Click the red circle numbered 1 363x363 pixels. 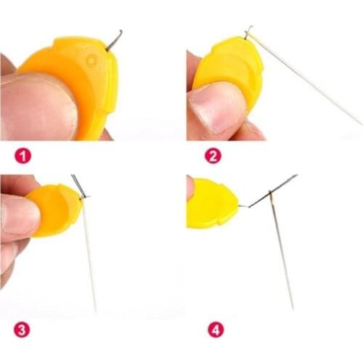click(x=23, y=154)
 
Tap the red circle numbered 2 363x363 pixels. click(x=213, y=154)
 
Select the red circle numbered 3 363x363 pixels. click(x=23, y=330)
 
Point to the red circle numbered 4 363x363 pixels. click(x=216, y=330)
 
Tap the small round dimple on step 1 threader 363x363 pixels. click(x=91, y=61)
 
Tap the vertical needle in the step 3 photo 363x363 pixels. click(x=89, y=254)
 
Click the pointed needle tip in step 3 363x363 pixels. click(x=96, y=311)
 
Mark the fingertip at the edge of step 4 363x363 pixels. click(x=190, y=187)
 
